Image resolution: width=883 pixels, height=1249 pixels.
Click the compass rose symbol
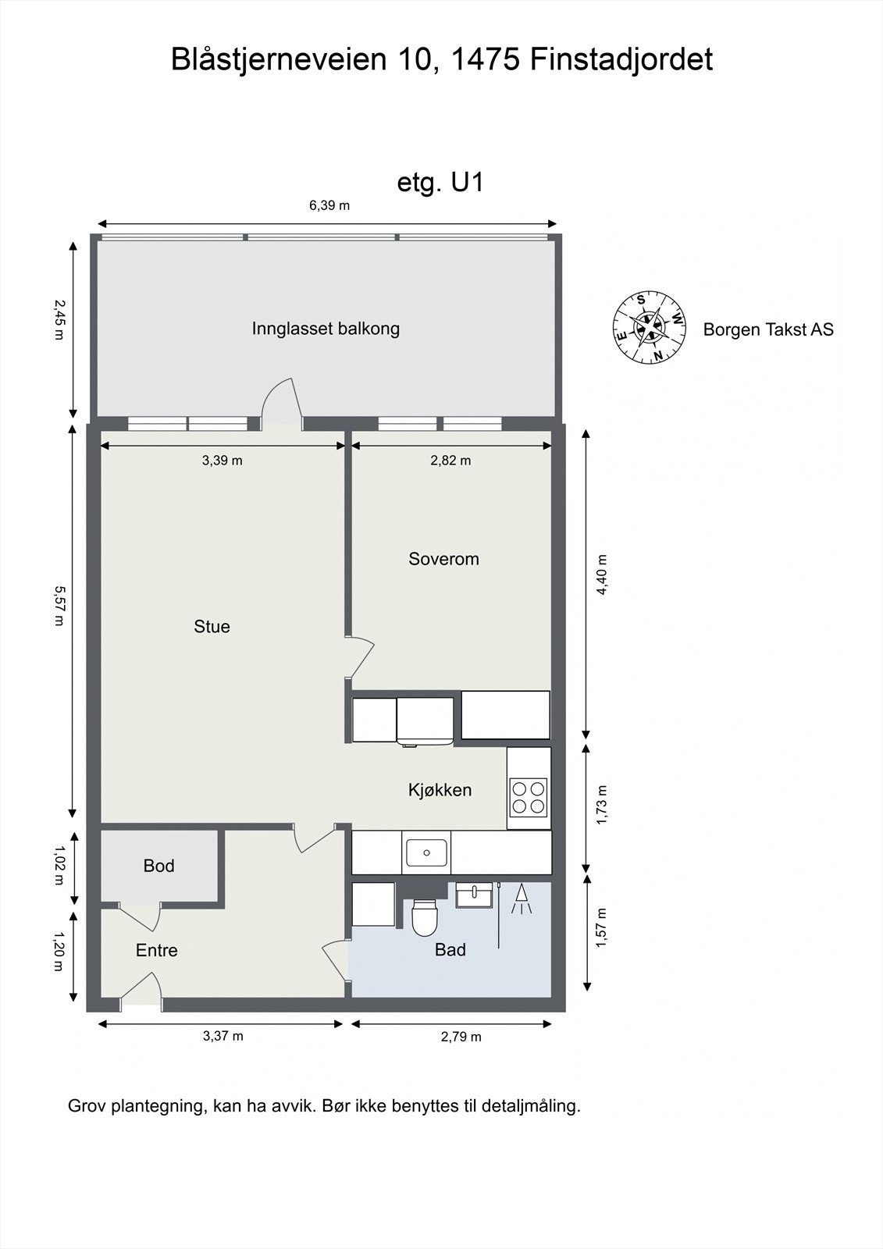point(650,327)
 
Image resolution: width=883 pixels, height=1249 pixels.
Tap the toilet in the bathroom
point(425,916)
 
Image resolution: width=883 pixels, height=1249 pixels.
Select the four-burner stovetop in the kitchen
point(528,798)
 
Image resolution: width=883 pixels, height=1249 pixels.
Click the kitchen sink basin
point(426,852)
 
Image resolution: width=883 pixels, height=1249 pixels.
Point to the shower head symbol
point(522,899)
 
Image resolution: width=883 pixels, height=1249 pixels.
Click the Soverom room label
point(443,559)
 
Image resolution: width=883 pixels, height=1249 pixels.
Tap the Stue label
point(212,627)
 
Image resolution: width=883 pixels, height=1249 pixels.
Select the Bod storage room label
point(159,866)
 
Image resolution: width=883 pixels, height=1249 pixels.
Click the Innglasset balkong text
point(326,329)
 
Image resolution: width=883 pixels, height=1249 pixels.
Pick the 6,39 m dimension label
point(329,206)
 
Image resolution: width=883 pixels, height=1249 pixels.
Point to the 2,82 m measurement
point(450,461)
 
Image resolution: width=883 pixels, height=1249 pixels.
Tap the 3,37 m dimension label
point(223,1036)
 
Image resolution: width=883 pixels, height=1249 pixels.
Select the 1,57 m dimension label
point(601,927)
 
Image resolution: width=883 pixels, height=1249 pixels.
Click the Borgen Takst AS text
point(768,329)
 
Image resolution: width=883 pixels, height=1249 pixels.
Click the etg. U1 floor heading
point(440,183)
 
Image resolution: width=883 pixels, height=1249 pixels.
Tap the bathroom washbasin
point(474,895)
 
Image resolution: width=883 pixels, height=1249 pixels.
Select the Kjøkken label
point(440,790)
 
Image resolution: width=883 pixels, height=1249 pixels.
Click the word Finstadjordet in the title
point(621,59)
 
